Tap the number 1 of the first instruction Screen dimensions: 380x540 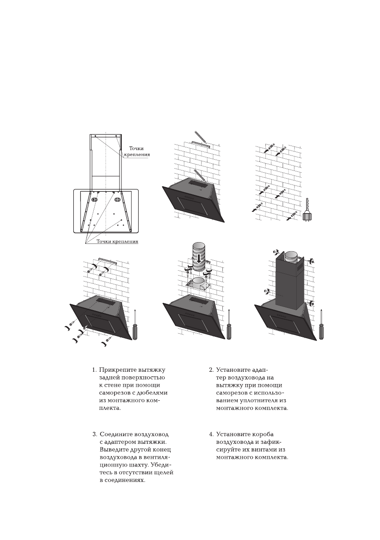tap(94, 370)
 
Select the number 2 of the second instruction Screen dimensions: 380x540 tap(211, 370)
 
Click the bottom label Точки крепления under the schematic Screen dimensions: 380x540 tap(117, 242)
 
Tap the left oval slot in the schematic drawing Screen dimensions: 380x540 tap(95, 199)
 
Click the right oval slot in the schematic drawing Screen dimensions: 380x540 tap(117, 199)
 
